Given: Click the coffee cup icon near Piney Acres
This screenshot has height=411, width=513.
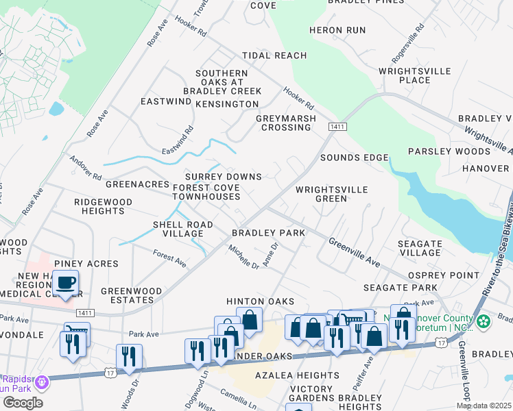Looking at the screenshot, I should [x=65, y=282].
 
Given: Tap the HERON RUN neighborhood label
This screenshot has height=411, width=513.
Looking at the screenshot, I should [x=337, y=30].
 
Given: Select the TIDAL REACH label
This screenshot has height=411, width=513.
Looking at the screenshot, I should [x=274, y=55].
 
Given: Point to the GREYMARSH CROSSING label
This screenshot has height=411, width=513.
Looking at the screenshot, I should [x=286, y=123].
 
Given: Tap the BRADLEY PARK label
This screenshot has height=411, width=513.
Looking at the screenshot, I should [x=268, y=233].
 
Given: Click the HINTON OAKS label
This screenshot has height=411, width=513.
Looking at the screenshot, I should [x=261, y=301].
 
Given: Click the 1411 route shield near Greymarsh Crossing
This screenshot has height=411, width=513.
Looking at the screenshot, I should [x=337, y=127].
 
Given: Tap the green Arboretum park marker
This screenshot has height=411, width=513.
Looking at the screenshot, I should [x=484, y=321].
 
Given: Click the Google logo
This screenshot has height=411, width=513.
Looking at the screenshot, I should [x=23, y=403].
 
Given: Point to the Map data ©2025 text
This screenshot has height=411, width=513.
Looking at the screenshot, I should [x=484, y=406].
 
